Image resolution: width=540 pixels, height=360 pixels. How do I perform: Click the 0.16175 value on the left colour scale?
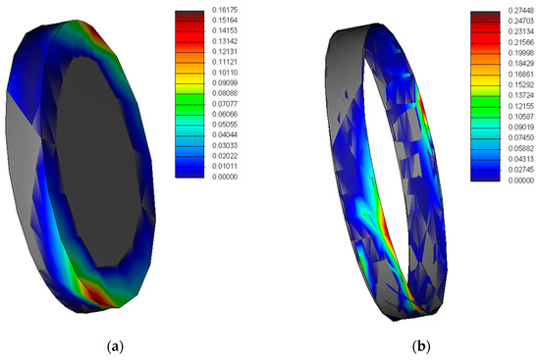tap(225, 10)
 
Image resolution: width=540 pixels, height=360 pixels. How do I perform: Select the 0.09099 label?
tap(225, 82)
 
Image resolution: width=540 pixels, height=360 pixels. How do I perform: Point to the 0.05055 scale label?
tap(225, 125)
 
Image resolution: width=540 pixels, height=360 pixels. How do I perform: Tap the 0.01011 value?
tap(225, 166)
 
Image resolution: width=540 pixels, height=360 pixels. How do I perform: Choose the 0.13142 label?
tap(225, 41)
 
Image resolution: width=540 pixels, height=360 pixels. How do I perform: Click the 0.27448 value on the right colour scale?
tap(521, 11)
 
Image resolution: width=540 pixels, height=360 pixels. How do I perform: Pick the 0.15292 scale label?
tap(521, 84)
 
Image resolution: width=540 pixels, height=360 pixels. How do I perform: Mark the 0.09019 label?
tap(521, 127)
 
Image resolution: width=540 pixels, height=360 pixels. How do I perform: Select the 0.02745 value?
tap(521, 170)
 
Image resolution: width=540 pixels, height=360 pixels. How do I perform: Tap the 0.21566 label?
tap(521, 42)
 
